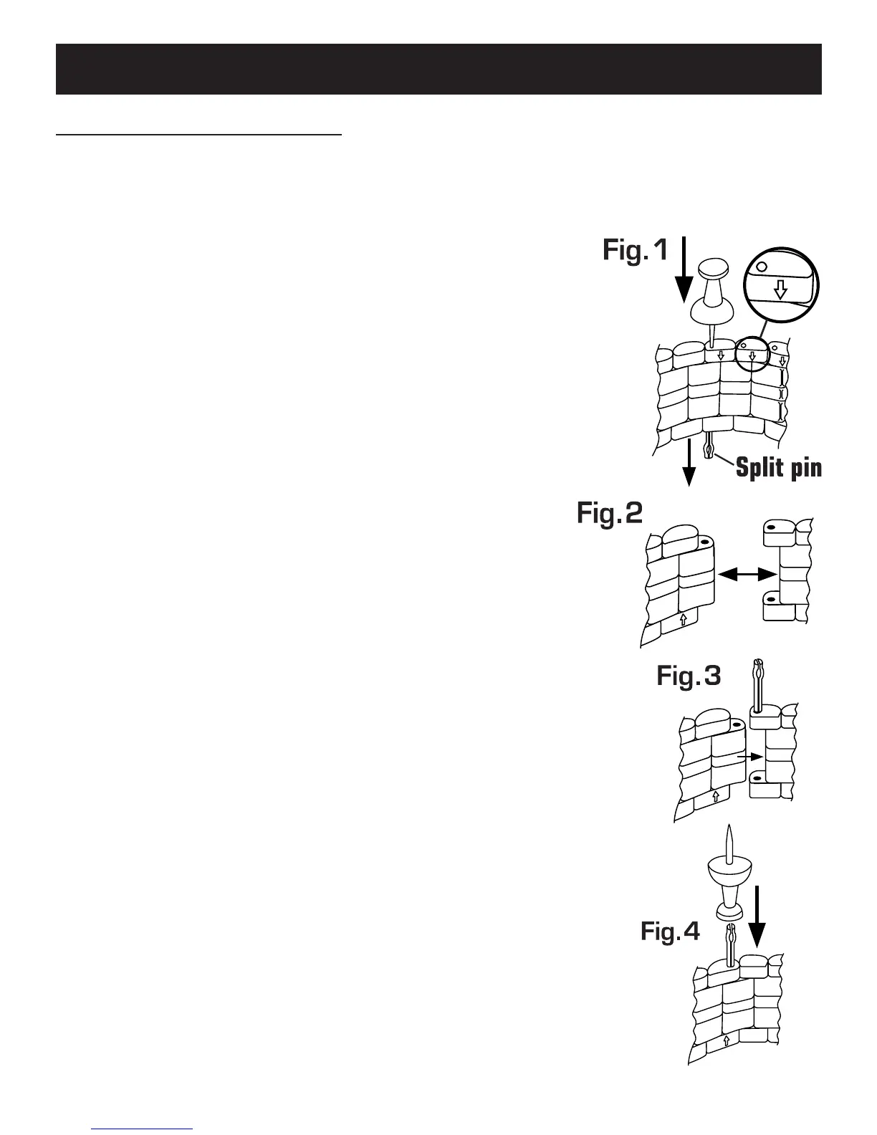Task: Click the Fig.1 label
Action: coord(636,250)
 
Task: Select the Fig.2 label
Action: coord(610,514)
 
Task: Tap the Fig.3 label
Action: coord(689,676)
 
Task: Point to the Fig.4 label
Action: coord(670,931)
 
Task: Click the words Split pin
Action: coord(778,468)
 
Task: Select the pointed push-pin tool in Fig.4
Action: coord(729,878)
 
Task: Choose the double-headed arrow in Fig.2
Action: coord(748,574)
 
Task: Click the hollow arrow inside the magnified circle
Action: coord(781,289)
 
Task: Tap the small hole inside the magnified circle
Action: coord(762,266)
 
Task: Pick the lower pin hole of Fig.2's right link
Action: coord(770,597)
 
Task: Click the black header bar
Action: coord(438,69)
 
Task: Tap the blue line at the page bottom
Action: coord(143,1129)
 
